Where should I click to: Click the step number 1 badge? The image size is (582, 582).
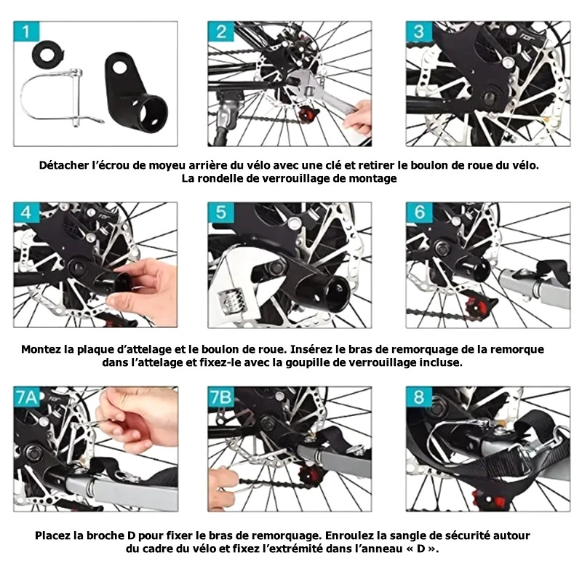(26, 32)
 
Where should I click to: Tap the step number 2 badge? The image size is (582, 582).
(221, 32)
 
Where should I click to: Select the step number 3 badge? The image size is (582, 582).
(419, 32)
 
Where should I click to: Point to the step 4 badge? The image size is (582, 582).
(26, 212)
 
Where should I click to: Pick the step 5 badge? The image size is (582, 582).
(221, 212)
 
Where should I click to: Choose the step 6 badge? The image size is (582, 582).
(419, 212)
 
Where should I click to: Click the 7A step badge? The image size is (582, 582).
(27, 397)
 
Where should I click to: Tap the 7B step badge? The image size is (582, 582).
(221, 397)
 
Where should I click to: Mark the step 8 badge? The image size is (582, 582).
(419, 397)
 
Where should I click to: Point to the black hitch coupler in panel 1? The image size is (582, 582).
(135, 93)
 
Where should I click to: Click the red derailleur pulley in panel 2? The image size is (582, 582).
(308, 112)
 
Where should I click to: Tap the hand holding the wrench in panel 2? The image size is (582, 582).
(357, 118)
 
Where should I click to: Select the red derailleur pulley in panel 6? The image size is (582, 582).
(477, 306)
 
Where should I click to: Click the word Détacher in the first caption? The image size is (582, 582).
(64, 165)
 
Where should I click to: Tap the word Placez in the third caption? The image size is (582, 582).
(52, 535)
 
